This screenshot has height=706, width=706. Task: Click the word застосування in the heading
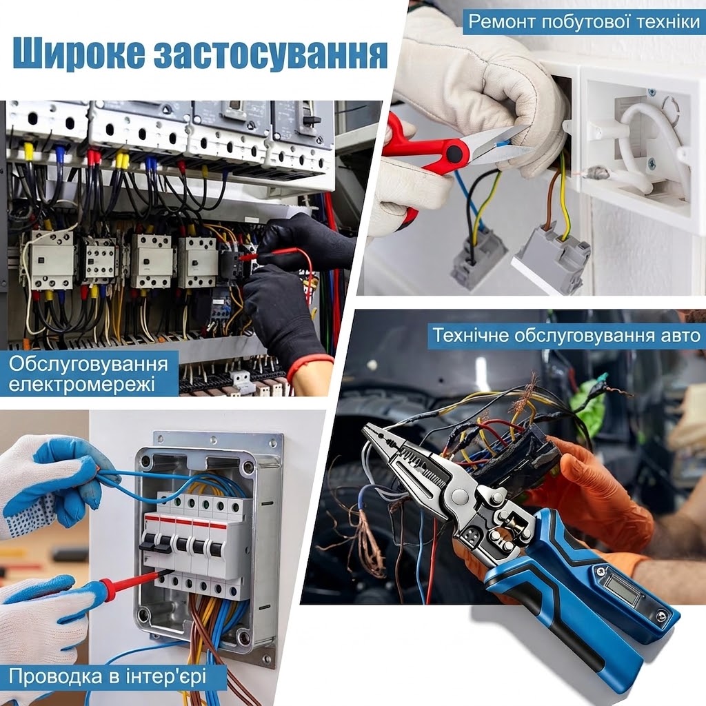pos(271,54)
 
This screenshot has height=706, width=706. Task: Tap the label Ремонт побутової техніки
pos(584,21)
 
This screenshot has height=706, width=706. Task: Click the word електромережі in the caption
pos(82,384)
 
